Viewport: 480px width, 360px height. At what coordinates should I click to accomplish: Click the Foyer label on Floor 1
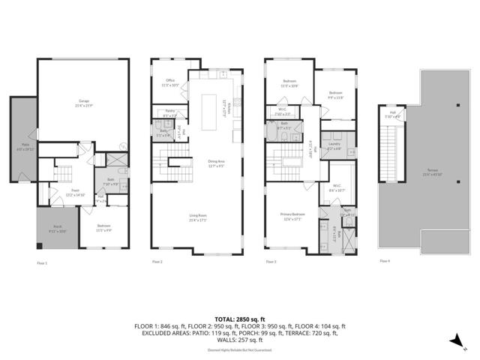[76, 192]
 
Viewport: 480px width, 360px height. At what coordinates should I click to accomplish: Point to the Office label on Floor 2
[169, 83]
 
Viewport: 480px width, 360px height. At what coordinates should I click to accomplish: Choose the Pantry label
[169, 114]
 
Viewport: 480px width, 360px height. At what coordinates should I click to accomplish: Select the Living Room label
[199, 218]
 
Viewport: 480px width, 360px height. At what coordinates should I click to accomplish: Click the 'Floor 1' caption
[42, 262]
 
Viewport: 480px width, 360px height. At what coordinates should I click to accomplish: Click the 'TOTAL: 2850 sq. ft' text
[239, 319]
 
